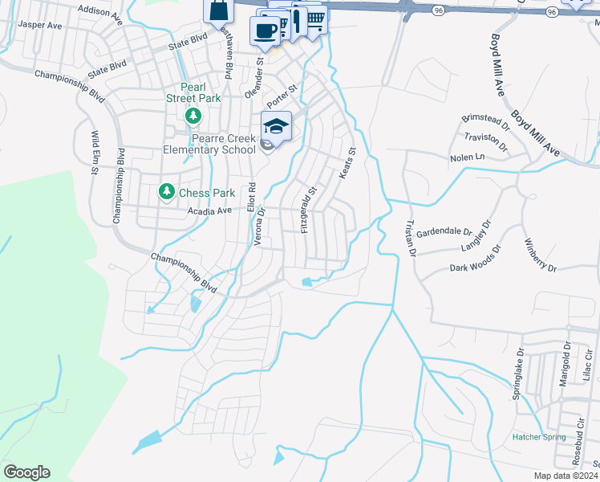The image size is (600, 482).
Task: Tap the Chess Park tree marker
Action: [x=166, y=192]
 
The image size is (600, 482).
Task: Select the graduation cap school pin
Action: [x=275, y=126]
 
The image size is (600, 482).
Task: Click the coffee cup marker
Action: [x=264, y=31]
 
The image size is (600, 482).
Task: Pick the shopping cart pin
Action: [x=316, y=18]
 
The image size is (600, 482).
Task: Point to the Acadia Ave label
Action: [x=209, y=210]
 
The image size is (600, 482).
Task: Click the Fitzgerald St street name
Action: [x=309, y=210]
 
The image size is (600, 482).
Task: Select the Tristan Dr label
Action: [x=411, y=237]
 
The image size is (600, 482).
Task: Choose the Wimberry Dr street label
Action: [x=539, y=255]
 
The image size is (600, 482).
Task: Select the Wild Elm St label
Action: [x=94, y=153]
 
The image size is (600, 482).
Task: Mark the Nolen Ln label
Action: [x=468, y=158]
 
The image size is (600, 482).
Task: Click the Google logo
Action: [x=26, y=472]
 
